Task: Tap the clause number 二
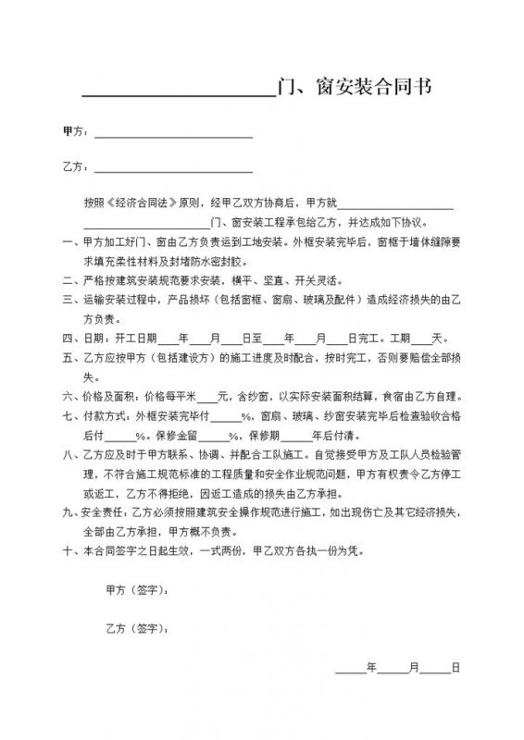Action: pyautogui.click(x=65, y=280)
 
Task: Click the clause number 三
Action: pyautogui.click(x=65, y=300)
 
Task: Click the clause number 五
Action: pyautogui.click(x=65, y=357)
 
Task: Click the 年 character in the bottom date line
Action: pyautogui.click(x=371, y=666)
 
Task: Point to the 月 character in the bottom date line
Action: pyautogui.click(x=414, y=666)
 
